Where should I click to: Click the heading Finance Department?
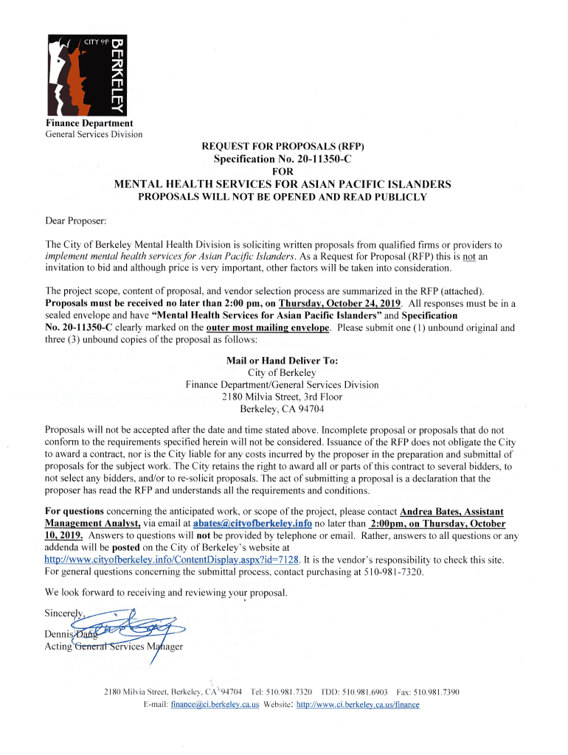[x=89, y=123]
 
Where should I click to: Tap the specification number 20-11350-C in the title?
[x=311, y=159]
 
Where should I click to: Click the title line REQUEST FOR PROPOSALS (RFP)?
[x=283, y=147]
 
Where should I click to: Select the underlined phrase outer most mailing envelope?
[x=270, y=327]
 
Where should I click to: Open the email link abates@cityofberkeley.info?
[x=252, y=523]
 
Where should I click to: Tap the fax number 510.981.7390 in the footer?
[x=437, y=692]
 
